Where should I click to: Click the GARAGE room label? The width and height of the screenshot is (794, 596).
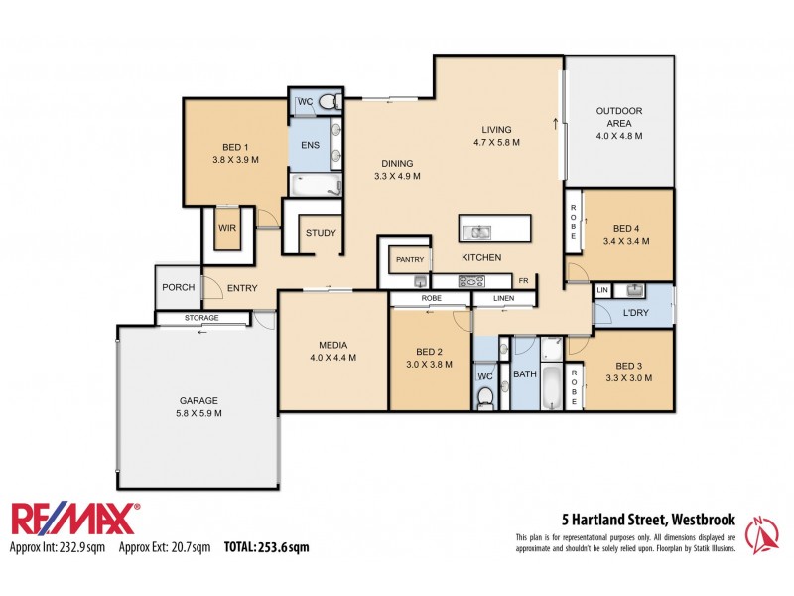pos(199,400)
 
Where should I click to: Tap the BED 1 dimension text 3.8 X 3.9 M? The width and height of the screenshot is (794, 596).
pos(235,159)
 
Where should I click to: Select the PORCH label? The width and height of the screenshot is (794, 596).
pos(179,288)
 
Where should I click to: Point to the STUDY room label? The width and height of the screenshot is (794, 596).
pos(321,234)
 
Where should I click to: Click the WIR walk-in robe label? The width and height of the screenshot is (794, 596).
pos(227,228)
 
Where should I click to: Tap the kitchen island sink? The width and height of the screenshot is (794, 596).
pos(479,233)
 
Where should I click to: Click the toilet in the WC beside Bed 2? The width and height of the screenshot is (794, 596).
pos(485,396)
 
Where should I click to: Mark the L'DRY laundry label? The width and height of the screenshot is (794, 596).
pos(636,314)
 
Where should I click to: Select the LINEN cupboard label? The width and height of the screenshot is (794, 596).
pos(504,298)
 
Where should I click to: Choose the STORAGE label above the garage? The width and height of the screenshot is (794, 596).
pos(201,318)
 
